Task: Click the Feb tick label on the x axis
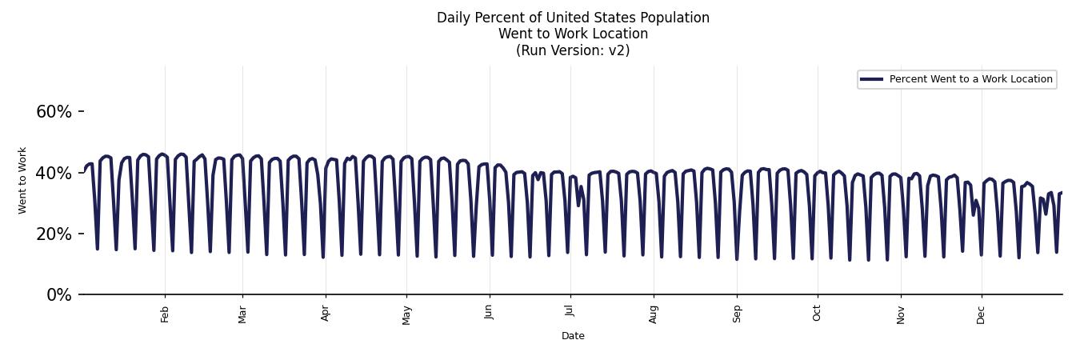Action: click(x=165, y=314)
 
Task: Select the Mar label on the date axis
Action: click(x=242, y=314)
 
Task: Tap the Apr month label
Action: click(x=326, y=314)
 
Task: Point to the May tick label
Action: click(x=406, y=314)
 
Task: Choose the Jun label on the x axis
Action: click(x=489, y=313)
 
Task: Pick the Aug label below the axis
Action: click(x=654, y=314)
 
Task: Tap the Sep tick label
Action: click(x=737, y=314)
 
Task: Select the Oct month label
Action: click(x=817, y=313)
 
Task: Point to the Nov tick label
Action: click(x=901, y=314)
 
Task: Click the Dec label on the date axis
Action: click(x=981, y=314)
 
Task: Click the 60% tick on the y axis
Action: click(x=54, y=112)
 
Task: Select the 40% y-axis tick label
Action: click(x=54, y=173)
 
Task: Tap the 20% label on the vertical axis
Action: click(x=54, y=234)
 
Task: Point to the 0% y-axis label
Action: click(x=58, y=295)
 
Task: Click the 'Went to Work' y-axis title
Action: click(x=22, y=180)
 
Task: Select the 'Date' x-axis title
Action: click(x=573, y=336)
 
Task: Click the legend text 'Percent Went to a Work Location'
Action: click(x=970, y=79)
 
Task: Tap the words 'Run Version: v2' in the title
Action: click(x=573, y=50)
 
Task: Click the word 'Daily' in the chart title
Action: click(x=453, y=18)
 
